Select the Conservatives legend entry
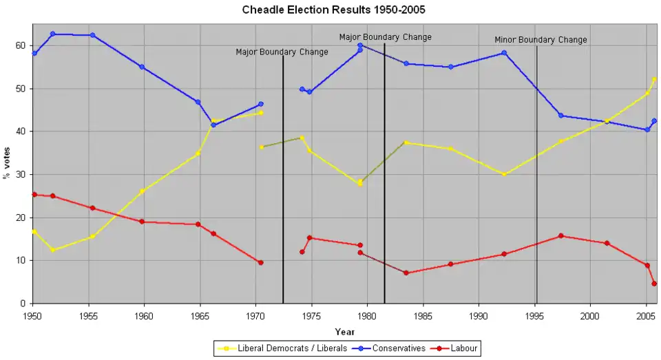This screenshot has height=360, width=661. [399, 349]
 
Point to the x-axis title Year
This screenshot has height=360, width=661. [345, 332]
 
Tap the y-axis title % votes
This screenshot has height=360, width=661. [8, 165]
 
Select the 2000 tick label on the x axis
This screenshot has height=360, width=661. [589, 315]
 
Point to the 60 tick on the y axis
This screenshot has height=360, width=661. [21, 45]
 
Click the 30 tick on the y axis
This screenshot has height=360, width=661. [21, 174]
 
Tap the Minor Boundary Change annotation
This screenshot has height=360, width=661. [541, 40]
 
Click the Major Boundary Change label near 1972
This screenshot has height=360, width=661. [282, 52]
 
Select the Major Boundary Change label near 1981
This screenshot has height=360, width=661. [385, 37]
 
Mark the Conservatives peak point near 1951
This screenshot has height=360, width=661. [52, 34]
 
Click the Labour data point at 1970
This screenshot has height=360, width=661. [260, 262]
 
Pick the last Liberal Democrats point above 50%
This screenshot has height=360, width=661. [654, 80]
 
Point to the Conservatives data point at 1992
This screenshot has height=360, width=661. [504, 53]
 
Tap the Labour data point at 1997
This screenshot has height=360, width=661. [560, 235]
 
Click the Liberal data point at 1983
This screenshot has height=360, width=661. [406, 142]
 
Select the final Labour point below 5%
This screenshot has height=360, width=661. [654, 284]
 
